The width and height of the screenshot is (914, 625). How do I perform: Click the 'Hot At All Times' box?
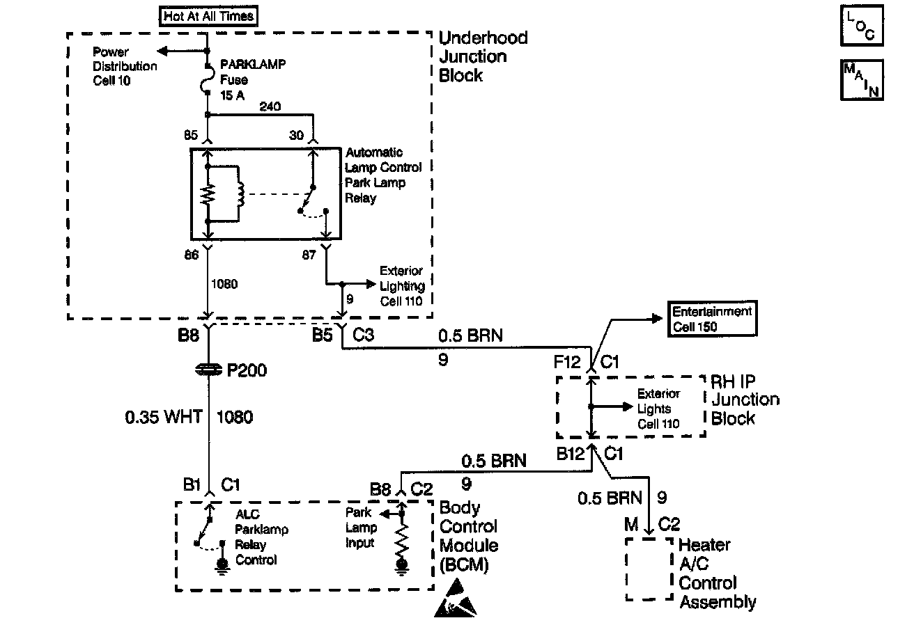tap(208, 16)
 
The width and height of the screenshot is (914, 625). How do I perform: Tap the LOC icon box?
tap(862, 26)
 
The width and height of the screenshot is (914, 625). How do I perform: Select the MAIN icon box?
tap(862, 80)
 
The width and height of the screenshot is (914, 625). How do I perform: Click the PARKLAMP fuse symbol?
tap(207, 79)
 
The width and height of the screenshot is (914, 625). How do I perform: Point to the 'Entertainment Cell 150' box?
tap(712, 319)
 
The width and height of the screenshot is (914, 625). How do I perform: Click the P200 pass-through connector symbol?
tap(208, 370)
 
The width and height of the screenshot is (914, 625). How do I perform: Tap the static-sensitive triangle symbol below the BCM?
tap(456, 598)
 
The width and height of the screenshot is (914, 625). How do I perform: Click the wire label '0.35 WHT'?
tap(164, 417)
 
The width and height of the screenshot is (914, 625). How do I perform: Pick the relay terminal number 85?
tap(191, 135)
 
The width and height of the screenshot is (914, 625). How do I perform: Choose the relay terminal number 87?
tap(309, 255)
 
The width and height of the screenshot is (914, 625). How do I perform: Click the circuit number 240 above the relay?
tap(270, 106)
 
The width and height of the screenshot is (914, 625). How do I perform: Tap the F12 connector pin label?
tap(567, 362)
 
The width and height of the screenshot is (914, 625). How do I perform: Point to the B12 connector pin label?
tap(571, 453)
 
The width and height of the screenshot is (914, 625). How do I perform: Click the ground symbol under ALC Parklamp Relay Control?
tap(222, 567)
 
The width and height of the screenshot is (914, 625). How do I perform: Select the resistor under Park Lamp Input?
tap(402, 541)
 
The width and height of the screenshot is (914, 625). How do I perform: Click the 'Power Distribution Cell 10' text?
tap(125, 66)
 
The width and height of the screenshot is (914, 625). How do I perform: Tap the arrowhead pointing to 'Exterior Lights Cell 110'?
tap(627, 406)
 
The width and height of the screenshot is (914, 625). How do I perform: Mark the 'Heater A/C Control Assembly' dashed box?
tap(649, 569)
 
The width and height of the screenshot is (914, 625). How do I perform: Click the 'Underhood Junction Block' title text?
tap(483, 56)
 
